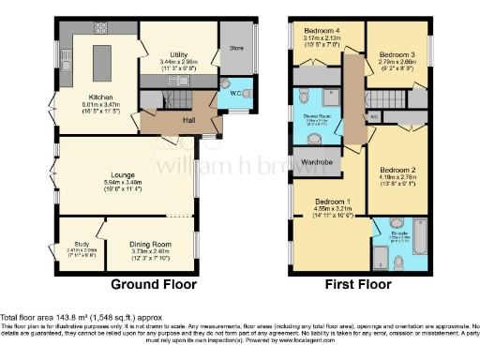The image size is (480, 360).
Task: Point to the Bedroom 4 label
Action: pyautogui.click(x=321, y=31)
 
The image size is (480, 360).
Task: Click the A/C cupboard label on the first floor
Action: pyautogui.click(x=374, y=116)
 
